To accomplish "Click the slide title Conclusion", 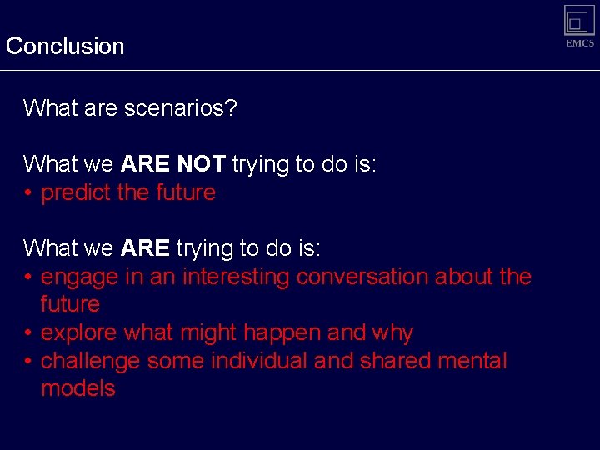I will pos(65,46).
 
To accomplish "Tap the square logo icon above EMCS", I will pos(579,20).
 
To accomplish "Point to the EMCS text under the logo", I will pos(580,44).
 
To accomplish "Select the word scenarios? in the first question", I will pos(181,108).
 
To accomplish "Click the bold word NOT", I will pos(201,164).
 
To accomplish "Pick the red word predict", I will pos(76,192).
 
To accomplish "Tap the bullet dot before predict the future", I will pos(28,193).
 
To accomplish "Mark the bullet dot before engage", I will pos(28,277).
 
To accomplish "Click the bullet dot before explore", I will pos(28,333).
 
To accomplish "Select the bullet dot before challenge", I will pos(28,362).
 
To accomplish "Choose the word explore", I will pos(79,333).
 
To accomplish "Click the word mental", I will pos(472,362).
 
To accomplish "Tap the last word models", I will pos(78,389).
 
